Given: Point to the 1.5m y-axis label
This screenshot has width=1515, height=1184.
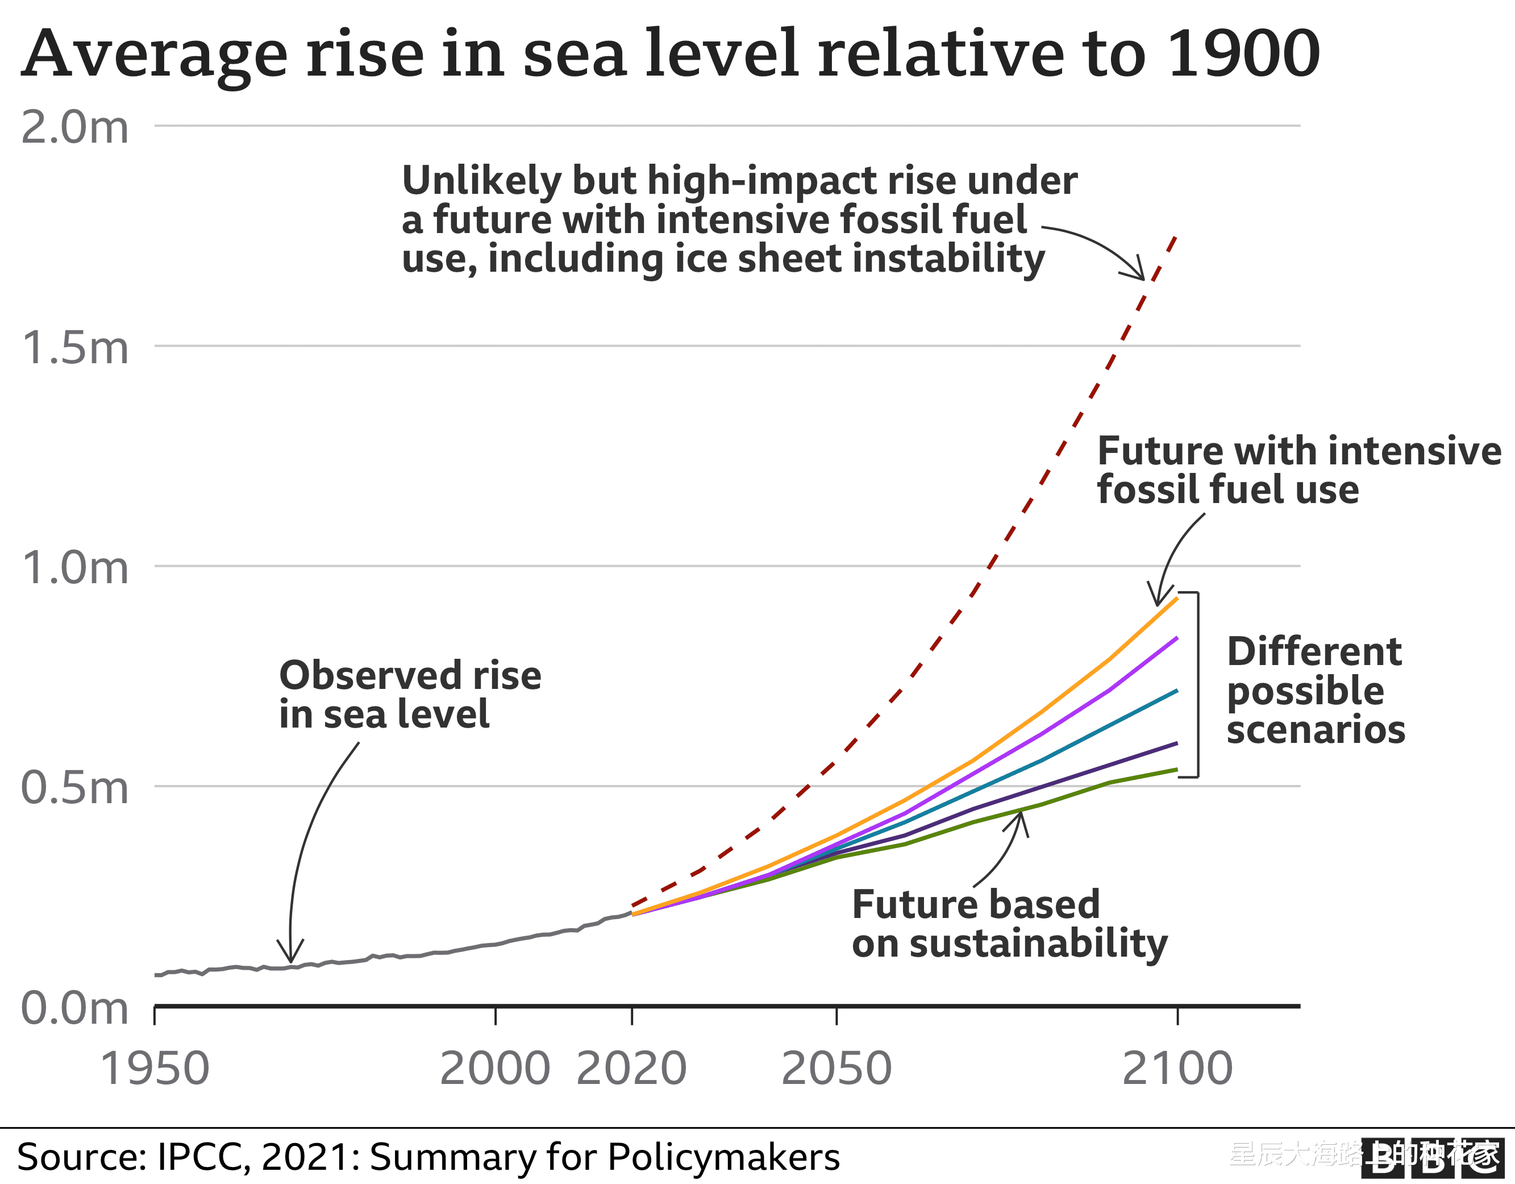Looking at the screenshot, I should coord(75,348).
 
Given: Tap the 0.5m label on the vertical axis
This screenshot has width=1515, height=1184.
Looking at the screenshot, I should coord(75,788).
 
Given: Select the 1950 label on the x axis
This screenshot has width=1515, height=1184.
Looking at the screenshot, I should coord(155,1069).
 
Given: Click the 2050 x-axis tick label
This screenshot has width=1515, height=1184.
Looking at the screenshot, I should coord(836,1069).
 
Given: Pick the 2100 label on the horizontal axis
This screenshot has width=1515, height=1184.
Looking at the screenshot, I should coord(1177,1069).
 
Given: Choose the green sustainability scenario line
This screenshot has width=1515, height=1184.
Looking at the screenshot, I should coord(1075,794).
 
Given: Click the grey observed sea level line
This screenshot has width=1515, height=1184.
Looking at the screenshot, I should coord(416,955).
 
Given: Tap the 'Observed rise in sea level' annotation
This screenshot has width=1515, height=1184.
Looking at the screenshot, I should coord(409,695).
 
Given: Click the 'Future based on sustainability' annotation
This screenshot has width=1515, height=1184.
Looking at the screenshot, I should coord(1009,924).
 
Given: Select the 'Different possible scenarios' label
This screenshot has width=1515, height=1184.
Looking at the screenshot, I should coord(1315,691).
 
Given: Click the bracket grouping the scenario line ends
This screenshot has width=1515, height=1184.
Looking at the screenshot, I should coord(1197,684).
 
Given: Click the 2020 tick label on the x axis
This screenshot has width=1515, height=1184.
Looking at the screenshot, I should coord(631,1069).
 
